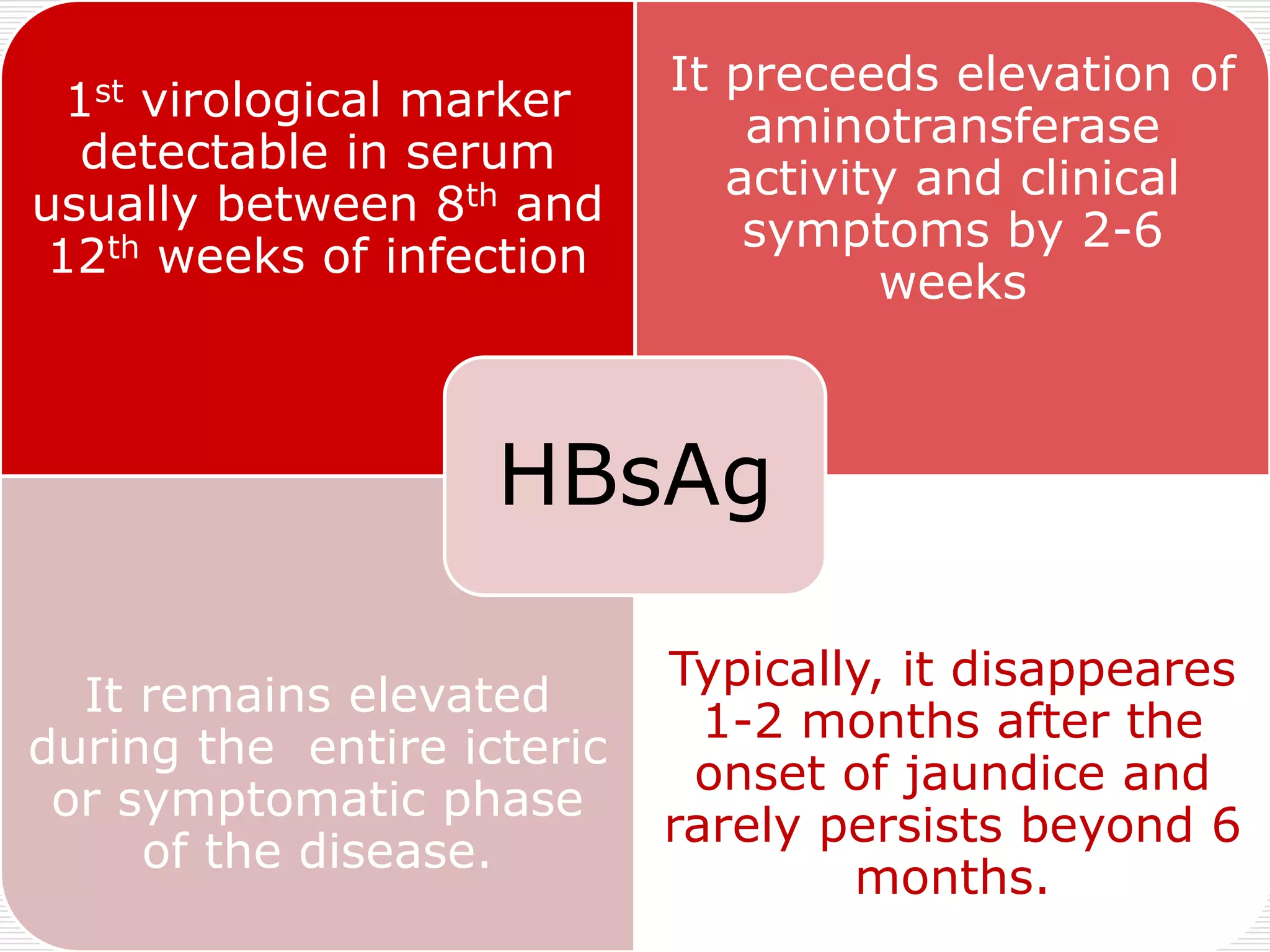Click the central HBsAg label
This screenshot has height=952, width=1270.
[x=634, y=476]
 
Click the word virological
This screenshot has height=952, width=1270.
[x=261, y=100]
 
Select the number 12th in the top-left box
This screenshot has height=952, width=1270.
[x=93, y=255]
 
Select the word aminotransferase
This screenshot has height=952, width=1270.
[x=952, y=126]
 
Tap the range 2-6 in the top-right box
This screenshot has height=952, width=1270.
[x=1122, y=231]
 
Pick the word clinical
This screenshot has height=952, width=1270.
[x=1099, y=178]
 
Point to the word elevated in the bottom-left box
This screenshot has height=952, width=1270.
[x=449, y=695]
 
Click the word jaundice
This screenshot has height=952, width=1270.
[x=1003, y=775]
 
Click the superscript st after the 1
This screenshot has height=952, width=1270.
[x=109, y=92]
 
